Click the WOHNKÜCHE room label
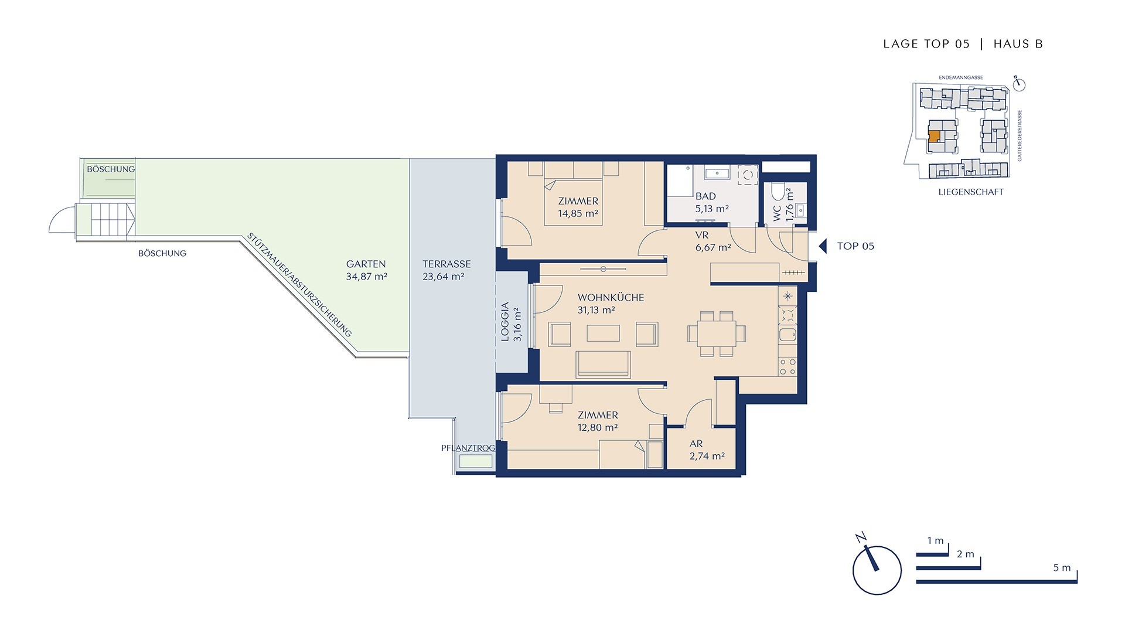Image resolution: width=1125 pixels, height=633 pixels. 611,297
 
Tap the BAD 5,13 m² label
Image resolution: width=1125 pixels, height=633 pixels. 711,202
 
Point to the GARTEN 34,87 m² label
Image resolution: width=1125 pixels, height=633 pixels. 366,270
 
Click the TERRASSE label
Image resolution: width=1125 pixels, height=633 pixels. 446,264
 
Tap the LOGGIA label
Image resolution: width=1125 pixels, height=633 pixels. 505,322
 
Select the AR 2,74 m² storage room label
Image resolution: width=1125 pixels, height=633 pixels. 707,450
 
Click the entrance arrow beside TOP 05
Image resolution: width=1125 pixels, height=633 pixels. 823,246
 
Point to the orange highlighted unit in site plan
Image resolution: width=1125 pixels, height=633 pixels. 934,137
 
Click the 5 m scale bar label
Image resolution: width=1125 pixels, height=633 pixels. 1062,567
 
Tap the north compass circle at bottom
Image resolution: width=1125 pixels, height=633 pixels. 877,571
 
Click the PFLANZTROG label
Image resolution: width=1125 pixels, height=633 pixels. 468,448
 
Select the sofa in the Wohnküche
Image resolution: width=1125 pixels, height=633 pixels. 603,365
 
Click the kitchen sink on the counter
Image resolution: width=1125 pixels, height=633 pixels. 787,335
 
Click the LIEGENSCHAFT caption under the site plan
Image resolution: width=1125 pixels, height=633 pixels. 971,192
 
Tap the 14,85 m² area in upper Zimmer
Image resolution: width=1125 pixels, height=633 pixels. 578,213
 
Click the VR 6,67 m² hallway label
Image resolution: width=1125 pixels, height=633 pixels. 712,241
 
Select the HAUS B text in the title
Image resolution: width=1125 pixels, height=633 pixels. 1018,44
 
